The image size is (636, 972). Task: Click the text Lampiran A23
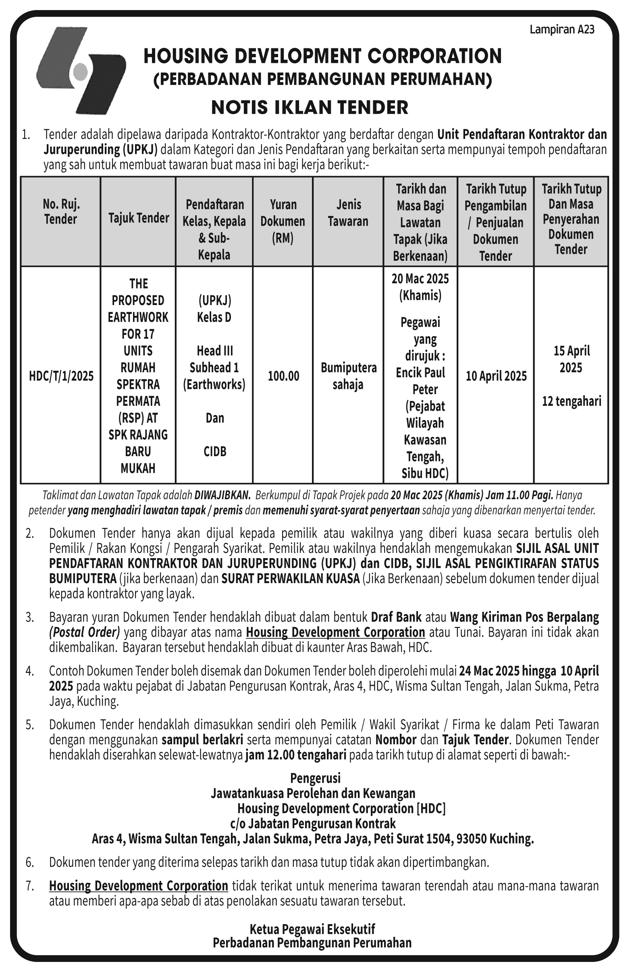point(562,30)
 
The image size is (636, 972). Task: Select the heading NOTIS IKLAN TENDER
point(310,108)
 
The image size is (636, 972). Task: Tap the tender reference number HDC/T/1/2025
point(61,376)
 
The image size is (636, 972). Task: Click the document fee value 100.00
point(283,376)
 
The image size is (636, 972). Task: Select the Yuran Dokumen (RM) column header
point(283,221)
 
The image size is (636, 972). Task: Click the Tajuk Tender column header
point(139,218)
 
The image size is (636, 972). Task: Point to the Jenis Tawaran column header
point(348,213)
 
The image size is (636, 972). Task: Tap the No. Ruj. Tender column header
point(61,212)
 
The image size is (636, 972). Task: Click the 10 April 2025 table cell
point(496,376)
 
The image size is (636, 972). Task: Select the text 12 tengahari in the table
point(572,401)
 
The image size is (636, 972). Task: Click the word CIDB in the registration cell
point(215,452)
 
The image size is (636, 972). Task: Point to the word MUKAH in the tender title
point(138,468)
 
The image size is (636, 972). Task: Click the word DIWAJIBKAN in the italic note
point(222,495)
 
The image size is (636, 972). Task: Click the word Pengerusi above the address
point(315,778)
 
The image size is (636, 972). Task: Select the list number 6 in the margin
point(29,862)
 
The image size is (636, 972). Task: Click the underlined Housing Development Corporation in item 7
point(139,886)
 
